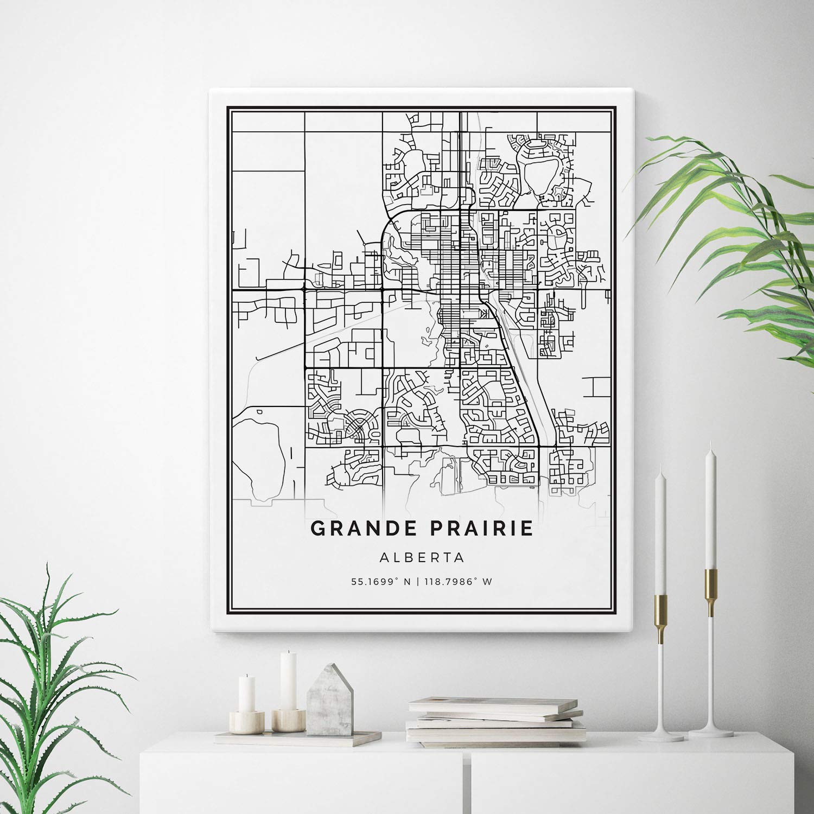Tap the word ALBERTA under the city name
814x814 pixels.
point(423,557)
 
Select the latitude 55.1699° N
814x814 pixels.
point(380,582)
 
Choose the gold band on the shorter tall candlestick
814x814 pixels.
point(660,619)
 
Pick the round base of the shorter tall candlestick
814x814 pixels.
point(660,736)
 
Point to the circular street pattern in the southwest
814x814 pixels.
point(359,426)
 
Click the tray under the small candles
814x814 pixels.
point(298,737)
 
